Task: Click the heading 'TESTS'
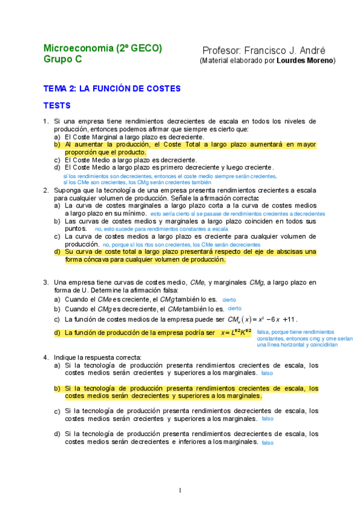pos(57,106)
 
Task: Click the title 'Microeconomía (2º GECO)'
pos(103,49)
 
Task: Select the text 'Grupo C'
pos(63,59)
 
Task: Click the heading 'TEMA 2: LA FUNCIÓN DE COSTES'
pos(112,88)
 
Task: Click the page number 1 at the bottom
pos(180,490)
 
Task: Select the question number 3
pos(46,282)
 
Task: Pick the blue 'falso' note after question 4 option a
pos(267,373)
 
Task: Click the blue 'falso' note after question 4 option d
pos(267,443)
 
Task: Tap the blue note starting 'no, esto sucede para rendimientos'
pos(162,229)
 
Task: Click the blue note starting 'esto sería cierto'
pos(238,214)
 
